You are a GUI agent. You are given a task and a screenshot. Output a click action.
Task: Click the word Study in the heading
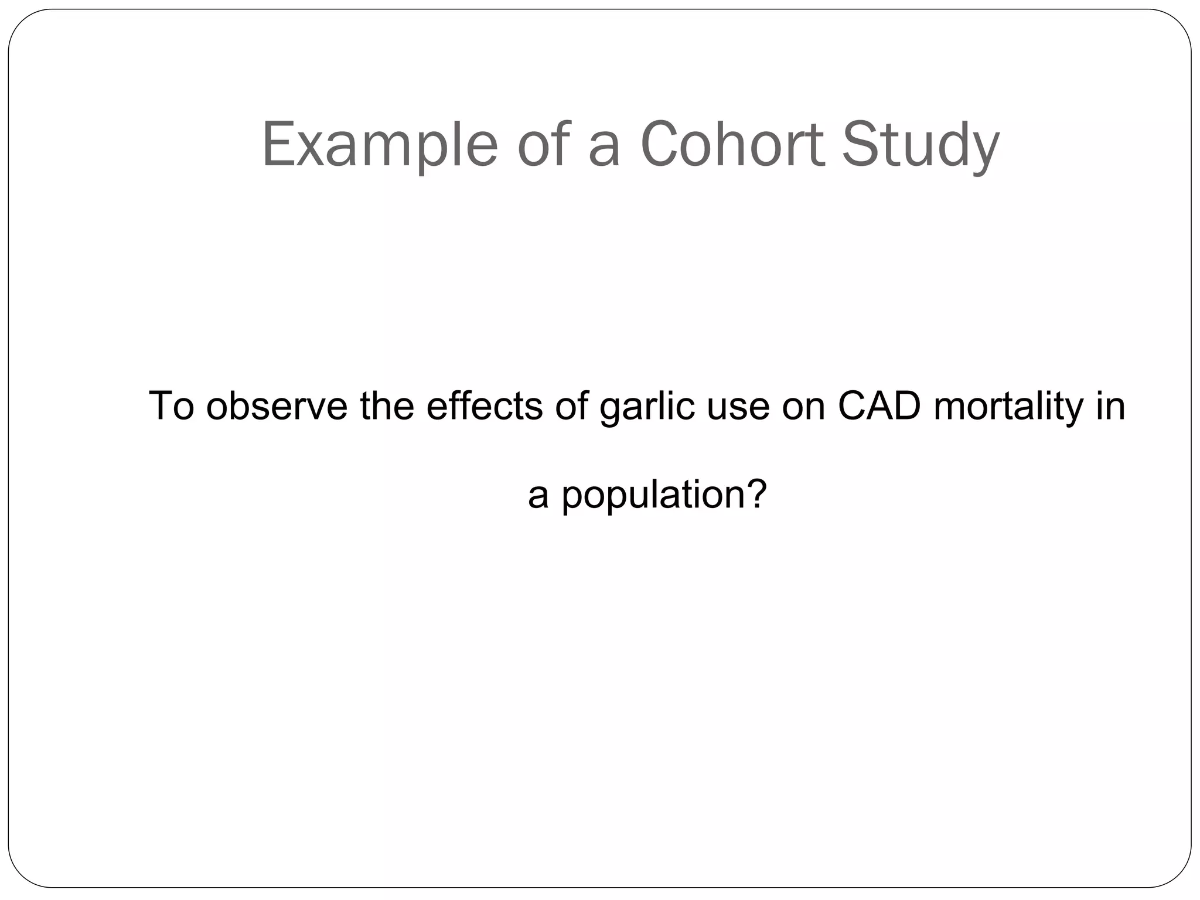(x=921, y=145)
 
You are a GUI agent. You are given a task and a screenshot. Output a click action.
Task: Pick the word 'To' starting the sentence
(x=171, y=405)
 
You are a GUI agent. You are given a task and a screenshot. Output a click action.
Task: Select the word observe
(x=277, y=405)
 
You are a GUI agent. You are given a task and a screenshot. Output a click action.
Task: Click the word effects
(x=484, y=405)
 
